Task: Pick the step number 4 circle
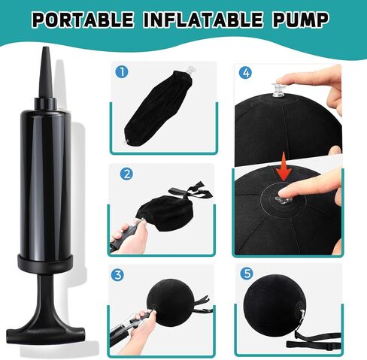[x=245, y=73]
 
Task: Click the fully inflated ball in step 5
[x=283, y=309]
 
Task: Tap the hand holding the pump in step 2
[x=123, y=239]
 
